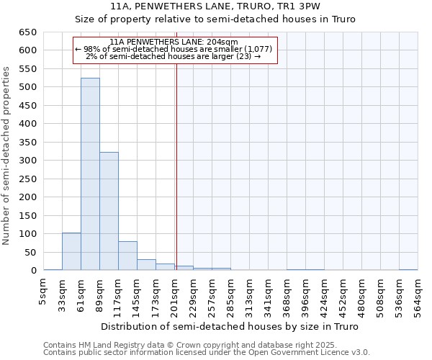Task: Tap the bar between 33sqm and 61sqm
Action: pos(71,251)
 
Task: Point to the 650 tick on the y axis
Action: pos(27,32)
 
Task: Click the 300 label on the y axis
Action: pos(27,161)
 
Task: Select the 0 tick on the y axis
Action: pos(32,271)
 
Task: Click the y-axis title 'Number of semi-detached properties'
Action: pos(6,156)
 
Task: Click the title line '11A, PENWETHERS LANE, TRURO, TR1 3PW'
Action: pos(216,6)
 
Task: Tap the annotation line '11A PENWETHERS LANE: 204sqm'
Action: pos(174,42)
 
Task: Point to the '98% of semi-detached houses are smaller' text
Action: pos(174,49)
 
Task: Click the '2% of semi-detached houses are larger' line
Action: pos(174,56)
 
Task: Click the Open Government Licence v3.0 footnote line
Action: pos(207,353)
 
